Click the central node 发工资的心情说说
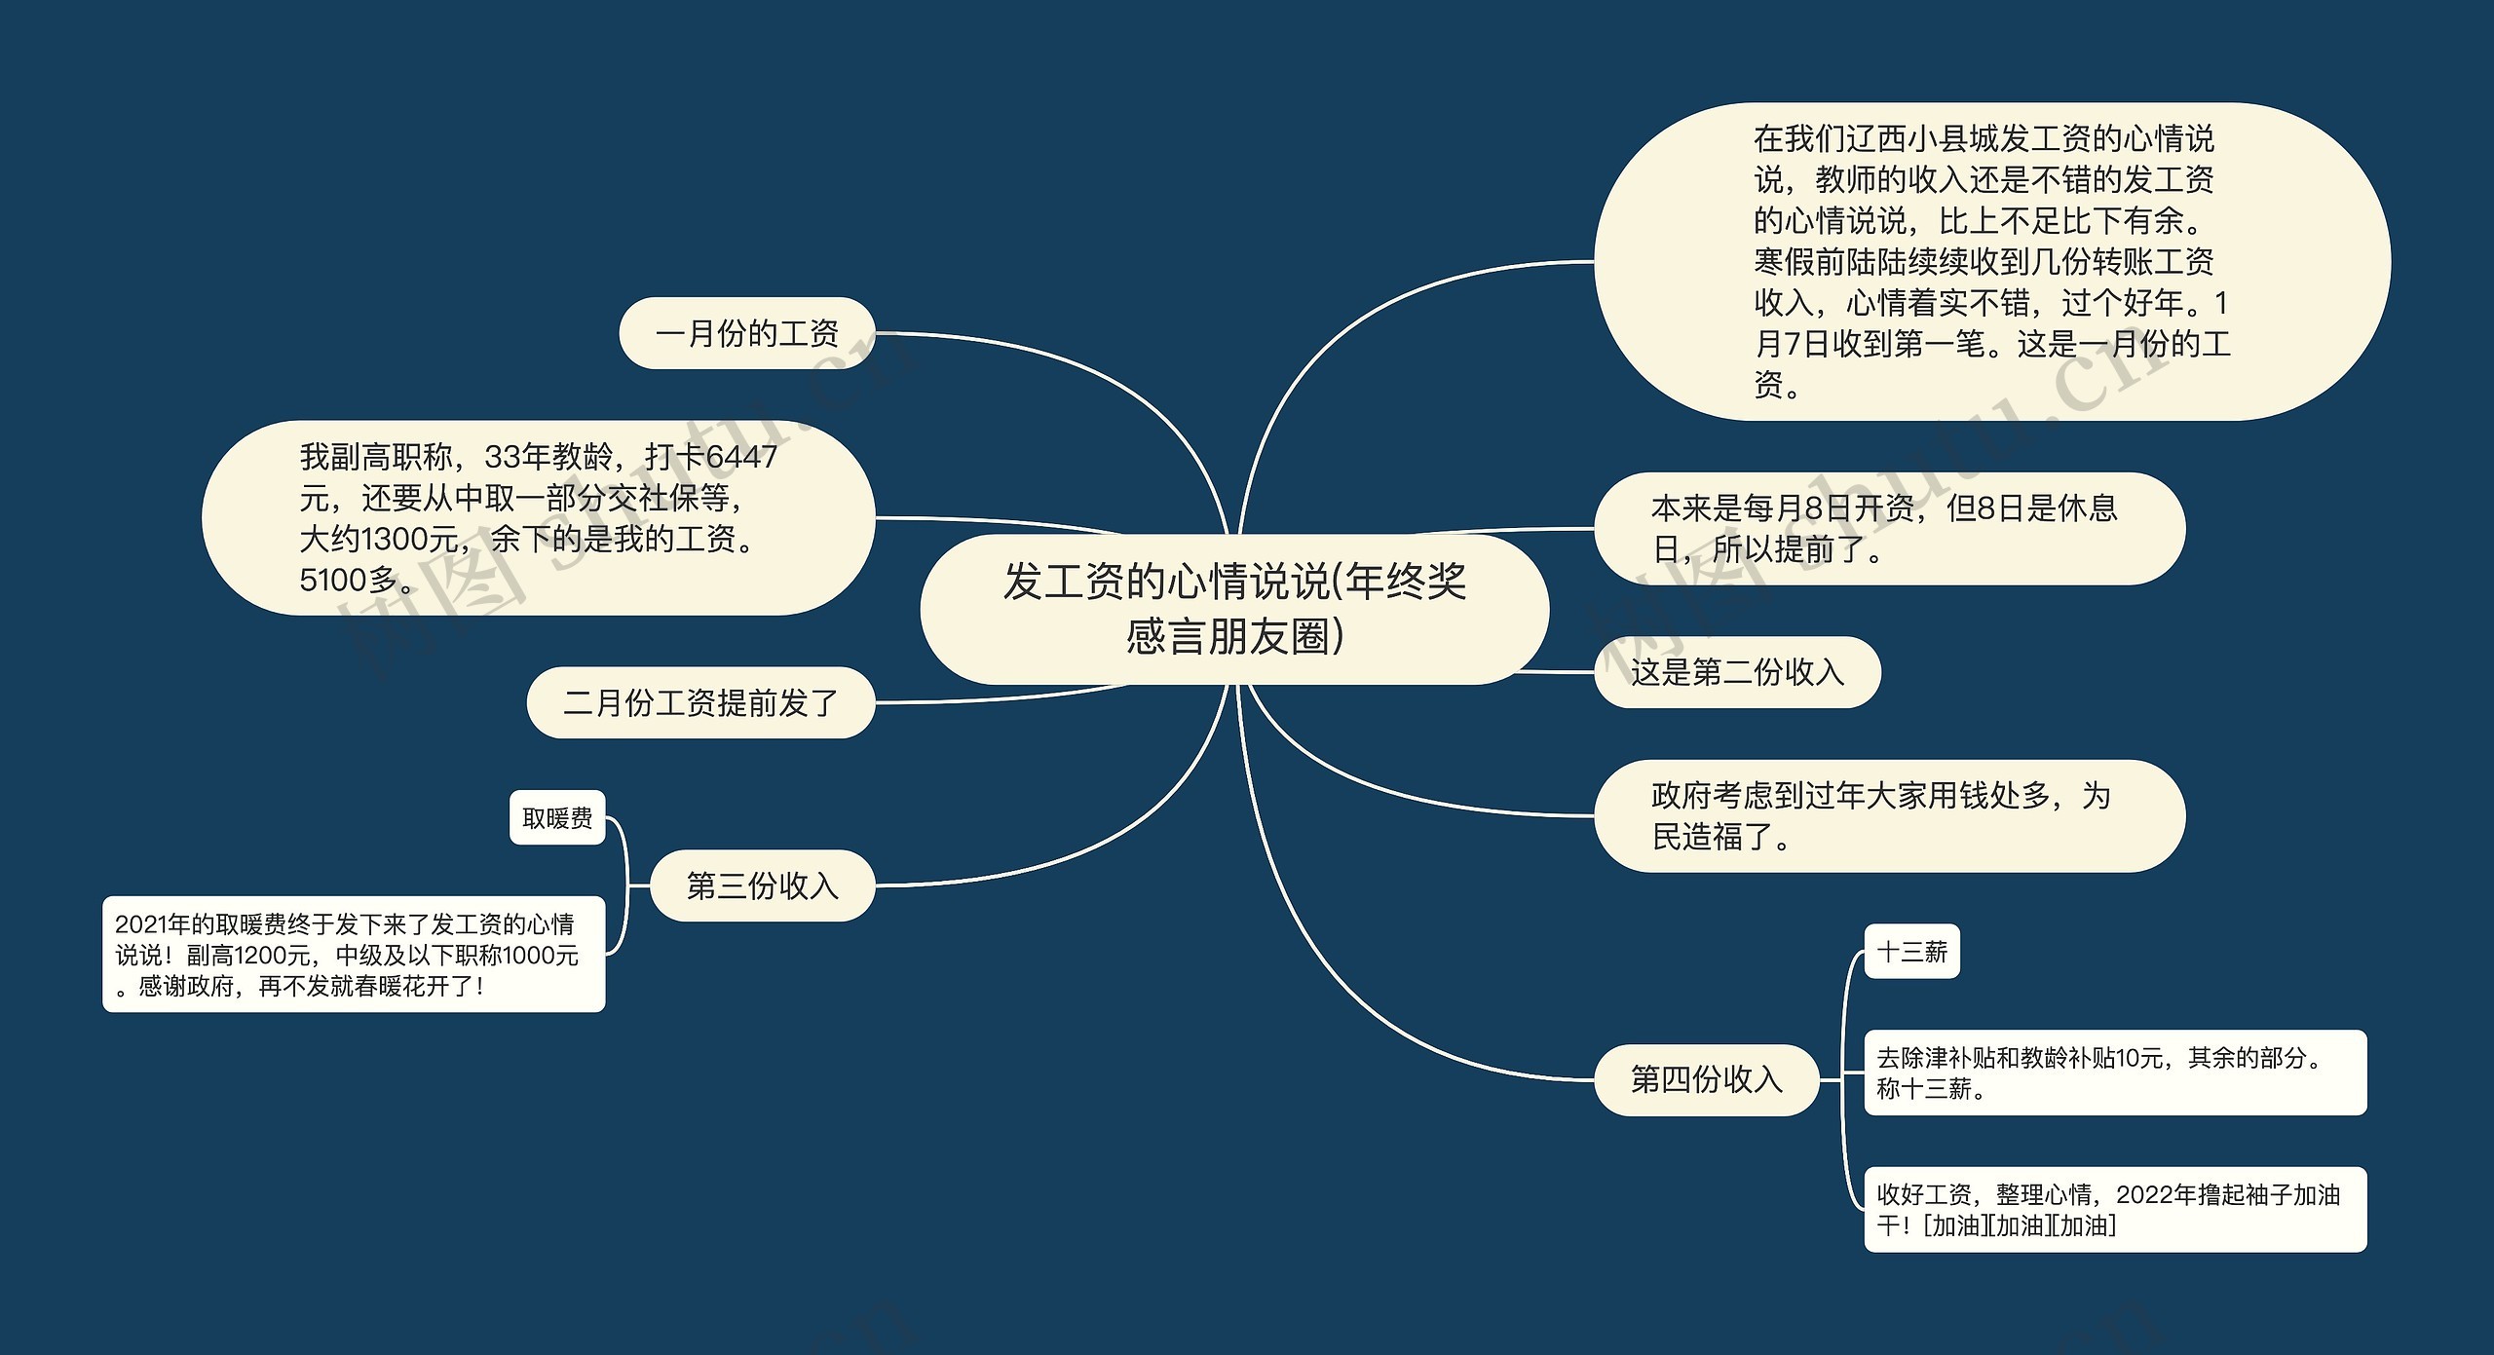1234,609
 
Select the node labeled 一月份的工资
747,333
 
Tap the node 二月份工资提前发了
700,702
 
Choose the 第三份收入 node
762,885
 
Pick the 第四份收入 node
1706,1079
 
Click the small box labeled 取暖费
557,817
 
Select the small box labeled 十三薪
1911,951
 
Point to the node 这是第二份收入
1737,671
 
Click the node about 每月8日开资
1888,529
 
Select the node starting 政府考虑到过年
1888,816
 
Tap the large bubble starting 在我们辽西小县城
1991,262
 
